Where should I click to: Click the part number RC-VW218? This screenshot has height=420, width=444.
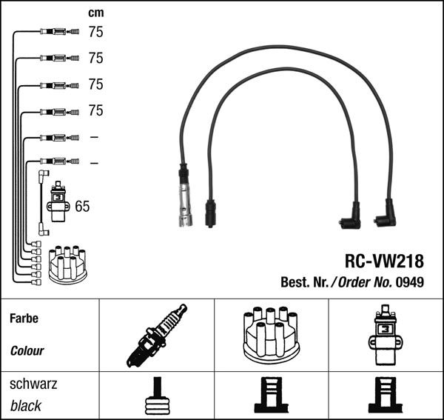click(384, 261)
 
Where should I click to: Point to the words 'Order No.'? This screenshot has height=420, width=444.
click(366, 282)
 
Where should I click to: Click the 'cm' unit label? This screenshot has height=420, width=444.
click(95, 13)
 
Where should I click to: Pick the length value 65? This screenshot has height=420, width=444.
click(82, 207)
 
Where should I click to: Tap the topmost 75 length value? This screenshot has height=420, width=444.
click(95, 32)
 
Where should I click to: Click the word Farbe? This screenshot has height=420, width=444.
click(23, 319)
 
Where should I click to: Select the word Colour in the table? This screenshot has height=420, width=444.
click(27, 350)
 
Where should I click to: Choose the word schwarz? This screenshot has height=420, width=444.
click(33, 384)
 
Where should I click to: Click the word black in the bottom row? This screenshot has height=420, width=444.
click(26, 406)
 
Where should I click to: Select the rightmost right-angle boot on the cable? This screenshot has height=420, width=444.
click(385, 216)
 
